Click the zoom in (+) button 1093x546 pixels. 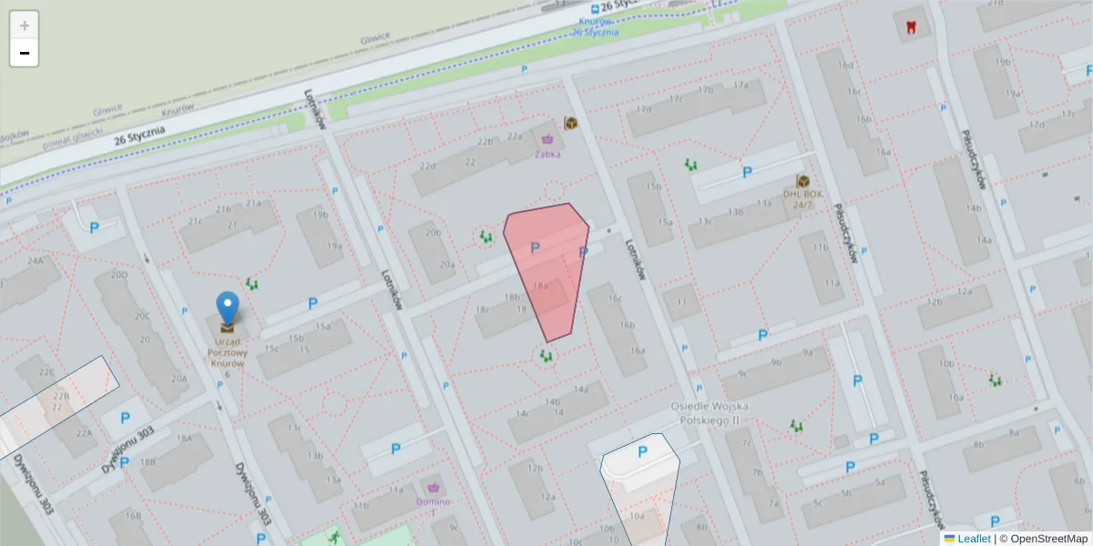pyautogui.click(x=25, y=25)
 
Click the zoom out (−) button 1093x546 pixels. pyautogui.click(x=25, y=54)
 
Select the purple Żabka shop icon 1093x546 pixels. pyautogui.click(x=548, y=139)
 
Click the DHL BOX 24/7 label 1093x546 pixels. pyautogui.click(x=802, y=198)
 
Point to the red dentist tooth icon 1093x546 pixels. pyautogui.click(x=907, y=26)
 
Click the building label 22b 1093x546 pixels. pyautogui.click(x=485, y=141)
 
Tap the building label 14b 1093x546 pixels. pyautogui.click(x=552, y=401)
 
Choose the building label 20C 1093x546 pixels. pyautogui.click(x=142, y=316)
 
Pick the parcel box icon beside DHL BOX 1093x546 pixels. pyautogui.click(x=802, y=181)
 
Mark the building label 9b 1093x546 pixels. pyautogui.click(x=776, y=362)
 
